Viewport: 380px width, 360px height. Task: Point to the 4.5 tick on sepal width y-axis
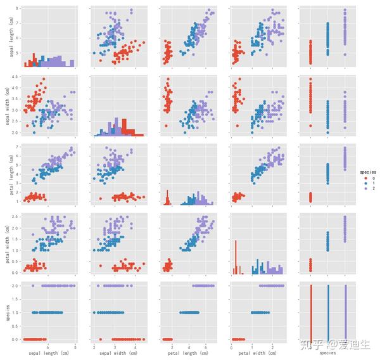click(18, 78)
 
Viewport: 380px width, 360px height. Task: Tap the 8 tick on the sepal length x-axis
click(75, 346)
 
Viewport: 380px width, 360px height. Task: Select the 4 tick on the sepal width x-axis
click(135, 346)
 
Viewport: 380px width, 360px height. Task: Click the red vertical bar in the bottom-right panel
click(311, 312)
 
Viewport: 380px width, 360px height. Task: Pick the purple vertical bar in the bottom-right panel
click(345, 312)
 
